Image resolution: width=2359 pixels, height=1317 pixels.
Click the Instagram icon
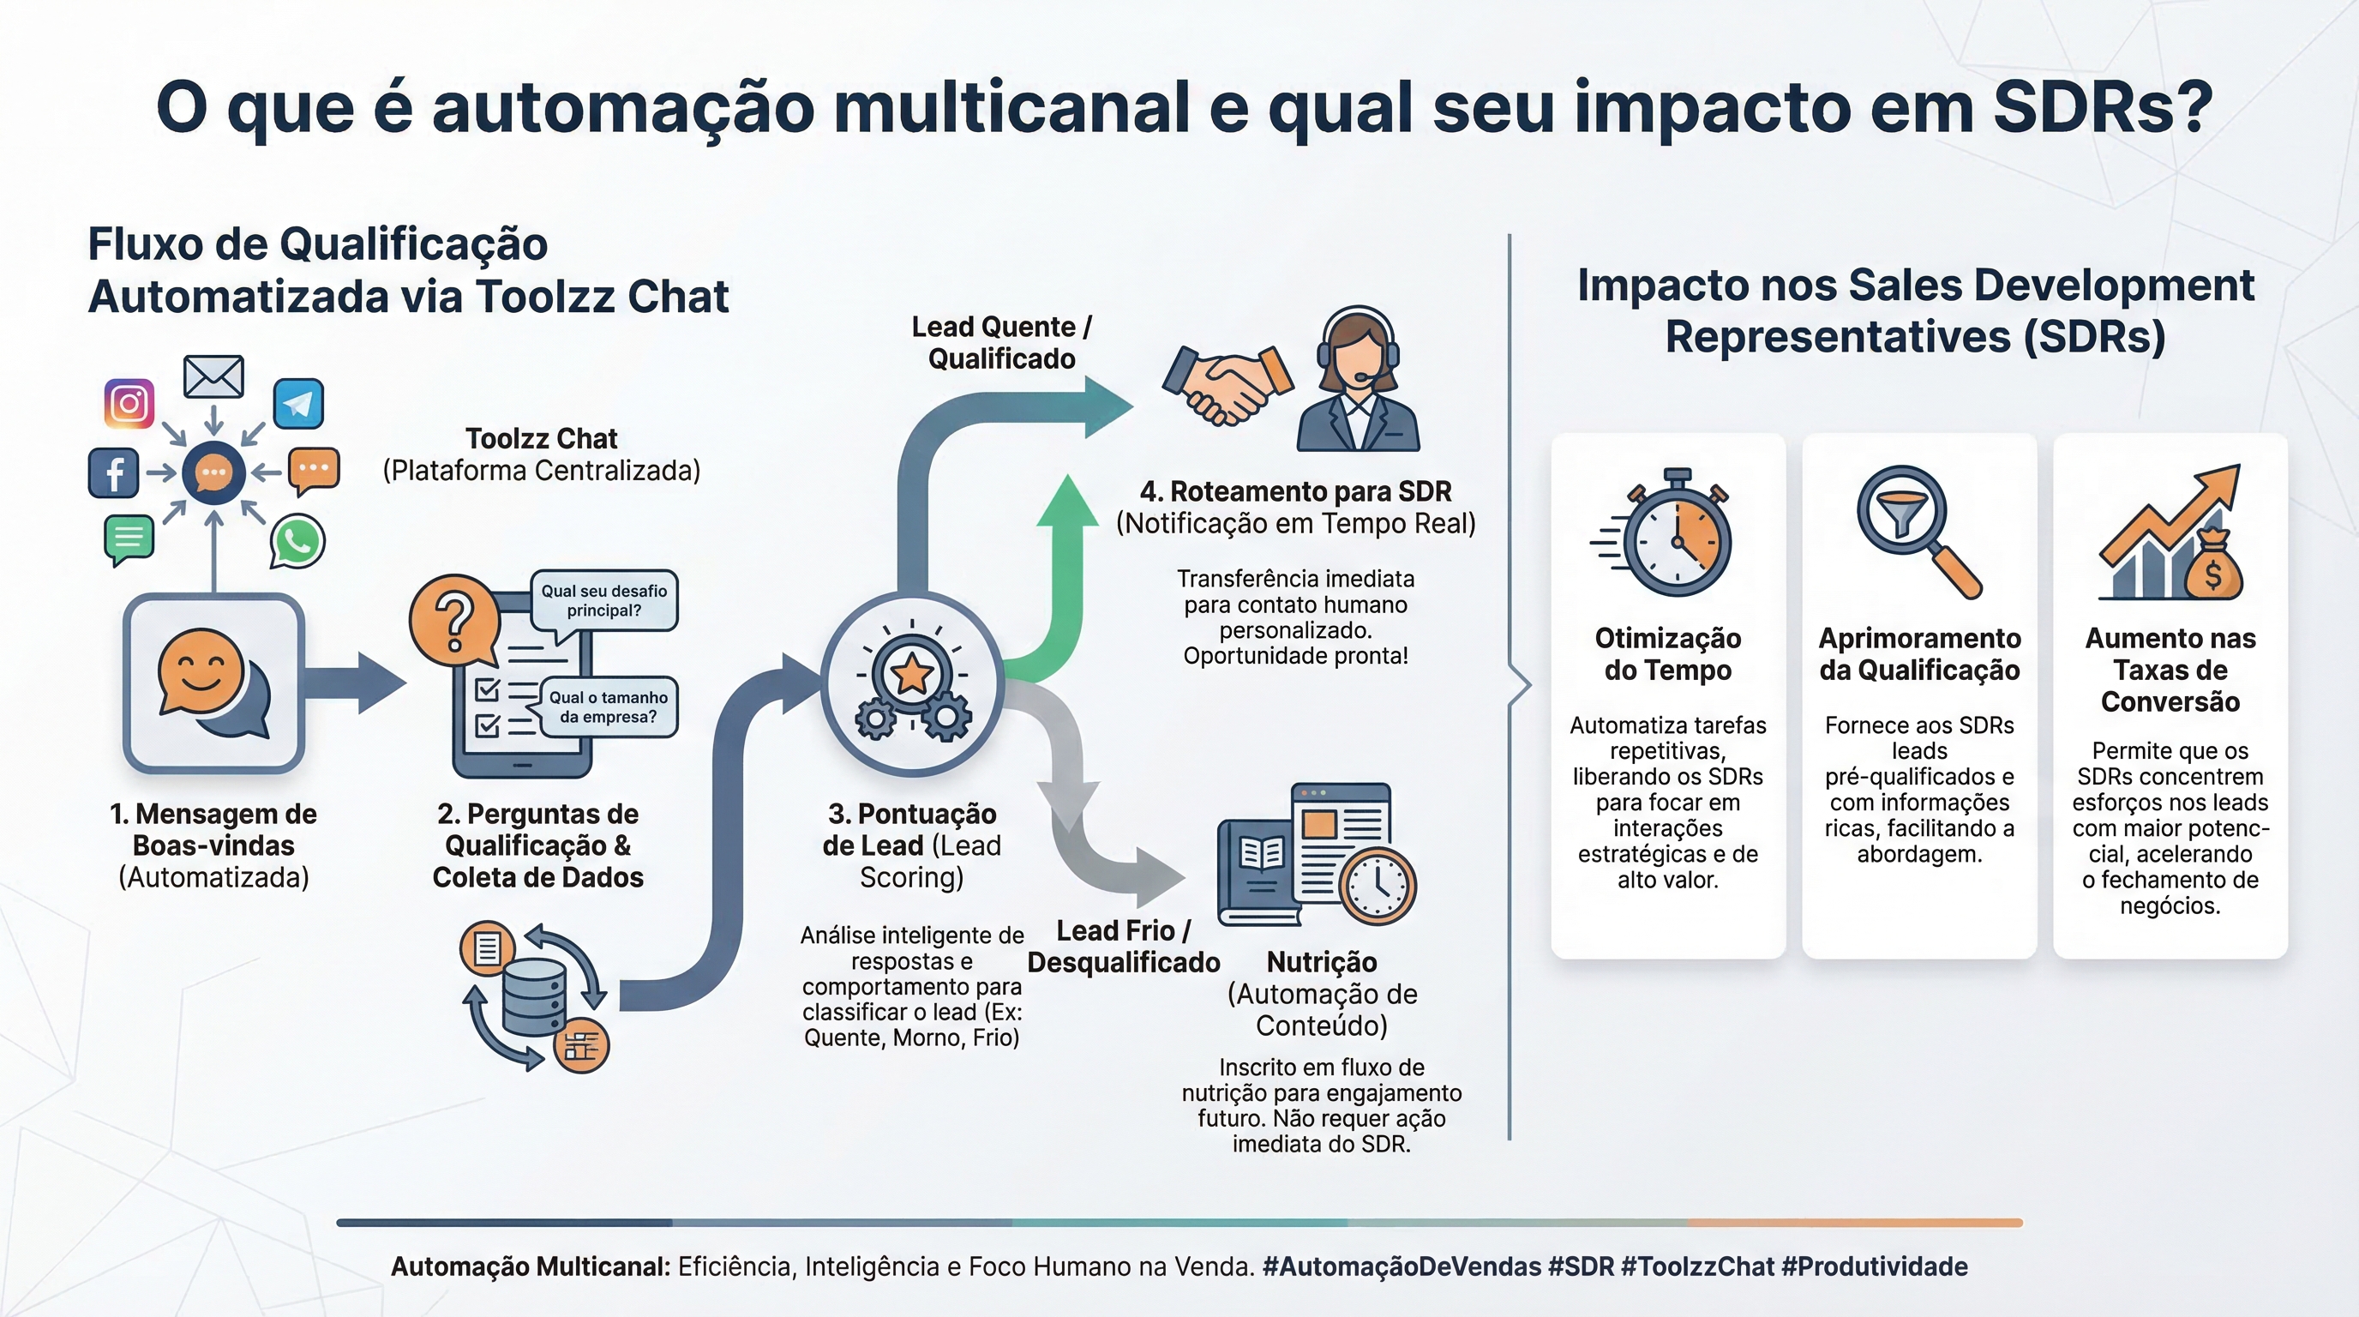[x=129, y=403]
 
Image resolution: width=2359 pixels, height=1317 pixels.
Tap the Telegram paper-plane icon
[x=298, y=404]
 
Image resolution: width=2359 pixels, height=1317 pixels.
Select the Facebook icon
[x=113, y=472]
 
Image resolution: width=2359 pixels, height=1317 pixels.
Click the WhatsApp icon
[x=297, y=541]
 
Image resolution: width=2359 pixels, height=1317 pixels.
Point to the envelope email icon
[x=213, y=376]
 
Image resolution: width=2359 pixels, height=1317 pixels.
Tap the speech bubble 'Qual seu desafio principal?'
[x=604, y=601]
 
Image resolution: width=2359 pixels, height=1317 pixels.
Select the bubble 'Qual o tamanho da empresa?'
[x=609, y=707]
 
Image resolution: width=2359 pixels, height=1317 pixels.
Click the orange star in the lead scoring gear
[x=912, y=675]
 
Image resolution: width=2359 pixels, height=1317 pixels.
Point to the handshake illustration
[x=1228, y=386]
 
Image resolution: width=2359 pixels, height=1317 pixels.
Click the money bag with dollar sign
[x=2213, y=568]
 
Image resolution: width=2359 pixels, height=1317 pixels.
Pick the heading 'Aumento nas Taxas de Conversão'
[x=2170, y=670]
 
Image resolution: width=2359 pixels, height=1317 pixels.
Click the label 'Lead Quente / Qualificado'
[x=1002, y=342]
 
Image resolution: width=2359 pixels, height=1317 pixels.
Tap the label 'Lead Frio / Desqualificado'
[x=1124, y=947]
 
